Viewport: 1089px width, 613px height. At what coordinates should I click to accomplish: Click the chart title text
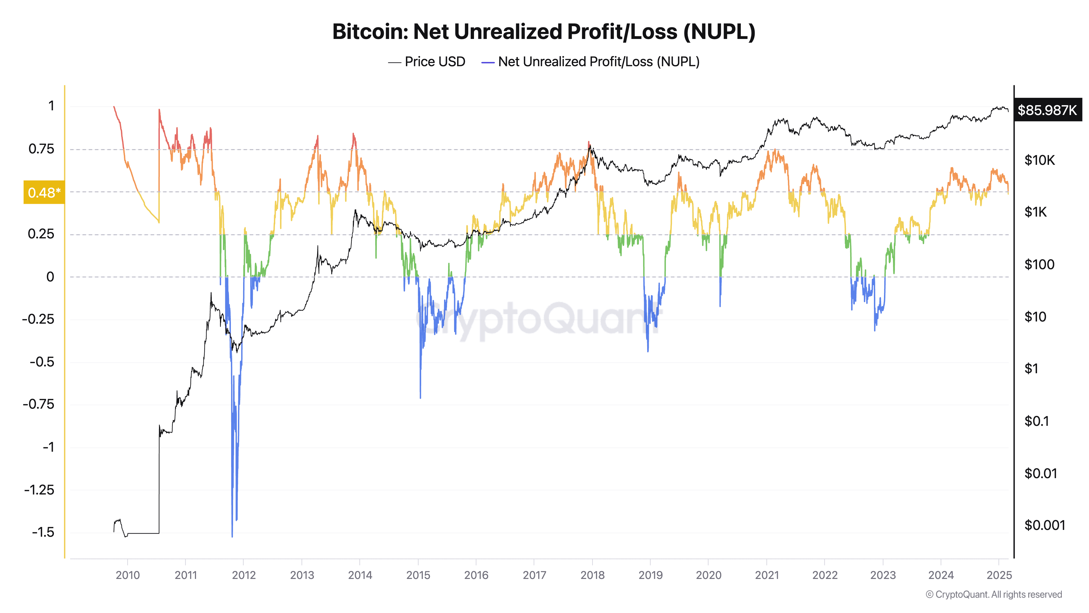click(544, 32)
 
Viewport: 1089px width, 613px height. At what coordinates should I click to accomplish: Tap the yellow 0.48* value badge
click(44, 193)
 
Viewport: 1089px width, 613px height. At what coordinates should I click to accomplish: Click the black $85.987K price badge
click(1047, 110)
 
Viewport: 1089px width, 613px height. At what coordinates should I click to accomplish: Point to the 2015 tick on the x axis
click(418, 575)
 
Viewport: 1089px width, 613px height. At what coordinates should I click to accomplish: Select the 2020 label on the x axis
click(708, 575)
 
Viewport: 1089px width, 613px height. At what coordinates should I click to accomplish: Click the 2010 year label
click(128, 575)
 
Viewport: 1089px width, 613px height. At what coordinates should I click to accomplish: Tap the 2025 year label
click(999, 575)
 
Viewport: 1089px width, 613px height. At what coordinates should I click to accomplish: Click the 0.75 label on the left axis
click(41, 149)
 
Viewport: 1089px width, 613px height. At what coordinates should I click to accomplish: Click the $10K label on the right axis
click(1039, 160)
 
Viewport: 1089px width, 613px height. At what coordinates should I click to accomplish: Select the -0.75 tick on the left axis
click(39, 404)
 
